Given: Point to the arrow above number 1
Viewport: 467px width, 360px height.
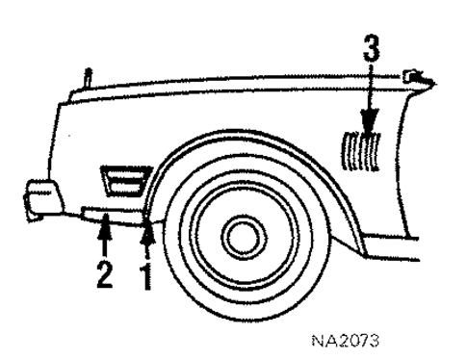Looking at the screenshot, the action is click(x=147, y=241).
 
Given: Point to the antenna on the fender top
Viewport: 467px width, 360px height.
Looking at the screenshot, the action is click(x=86, y=76).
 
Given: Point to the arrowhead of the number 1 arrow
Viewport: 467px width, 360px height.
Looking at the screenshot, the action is click(x=147, y=227).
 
